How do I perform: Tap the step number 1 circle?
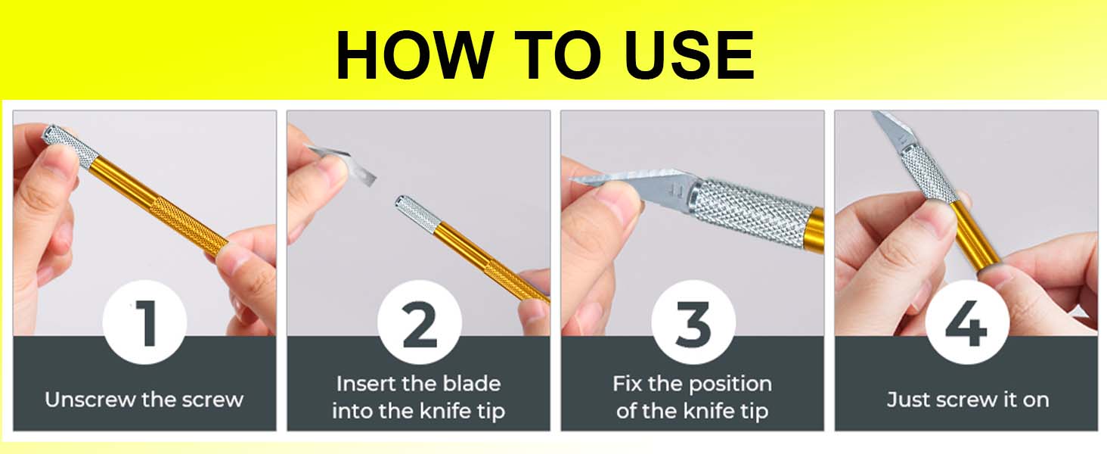tap(145, 324)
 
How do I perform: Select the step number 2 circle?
tap(419, 324)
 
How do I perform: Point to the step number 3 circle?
tap(693, 324)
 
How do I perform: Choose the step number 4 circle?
tap(966, 324)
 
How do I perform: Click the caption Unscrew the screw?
tap(144, 400)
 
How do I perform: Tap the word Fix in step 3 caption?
tap(627, 384)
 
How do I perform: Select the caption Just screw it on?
tap(967, 400)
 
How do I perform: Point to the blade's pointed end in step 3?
tap(578, 179)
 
